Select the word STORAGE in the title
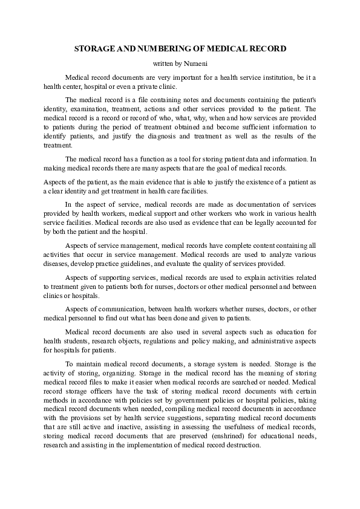94,48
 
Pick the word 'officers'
93,391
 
